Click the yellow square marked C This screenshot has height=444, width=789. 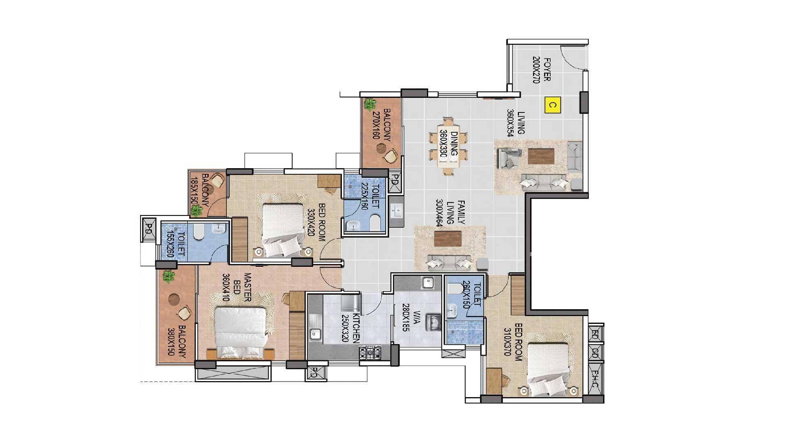point(553,105)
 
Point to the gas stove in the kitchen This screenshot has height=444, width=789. point(370,352)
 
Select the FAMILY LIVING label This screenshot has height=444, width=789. point(455,212)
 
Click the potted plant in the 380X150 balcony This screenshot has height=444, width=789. point(168,276)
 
